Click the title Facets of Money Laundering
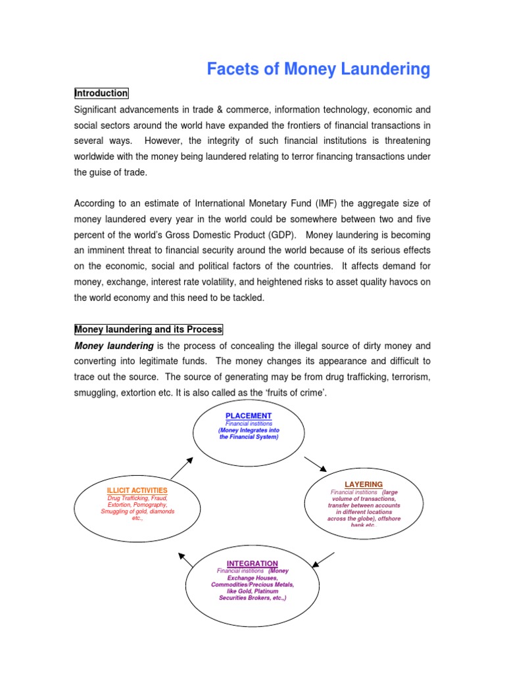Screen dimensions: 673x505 pos(318,69)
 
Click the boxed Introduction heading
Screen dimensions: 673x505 pos(101,93)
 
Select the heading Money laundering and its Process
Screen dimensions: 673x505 pos(149,329)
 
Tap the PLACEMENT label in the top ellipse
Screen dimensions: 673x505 pos(249,416)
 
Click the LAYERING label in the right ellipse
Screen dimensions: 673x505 pos(364,485)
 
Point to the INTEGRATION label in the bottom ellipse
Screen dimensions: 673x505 pos(252,564)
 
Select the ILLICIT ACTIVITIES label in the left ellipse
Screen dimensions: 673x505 pos(137,490)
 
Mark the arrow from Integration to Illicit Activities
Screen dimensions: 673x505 pos(186,559)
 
